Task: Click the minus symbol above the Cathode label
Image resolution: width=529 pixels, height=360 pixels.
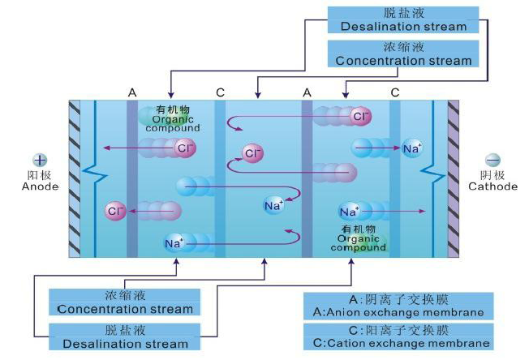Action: point(492,160)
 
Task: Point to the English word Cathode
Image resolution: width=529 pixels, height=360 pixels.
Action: point(492,186)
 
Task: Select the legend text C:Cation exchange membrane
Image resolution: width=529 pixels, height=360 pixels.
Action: point(398,344)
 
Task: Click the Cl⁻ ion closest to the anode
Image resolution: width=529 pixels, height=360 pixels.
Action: point(115,212)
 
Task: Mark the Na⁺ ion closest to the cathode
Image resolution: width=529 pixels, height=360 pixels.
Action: point(412,148)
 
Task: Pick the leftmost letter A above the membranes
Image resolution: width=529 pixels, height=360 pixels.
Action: point(131,92)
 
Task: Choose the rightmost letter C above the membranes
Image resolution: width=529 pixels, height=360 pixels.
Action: point(394,92)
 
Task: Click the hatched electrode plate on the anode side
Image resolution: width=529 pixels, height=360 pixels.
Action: point(75,178)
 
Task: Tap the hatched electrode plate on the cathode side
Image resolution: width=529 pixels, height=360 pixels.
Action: point(453,178)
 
